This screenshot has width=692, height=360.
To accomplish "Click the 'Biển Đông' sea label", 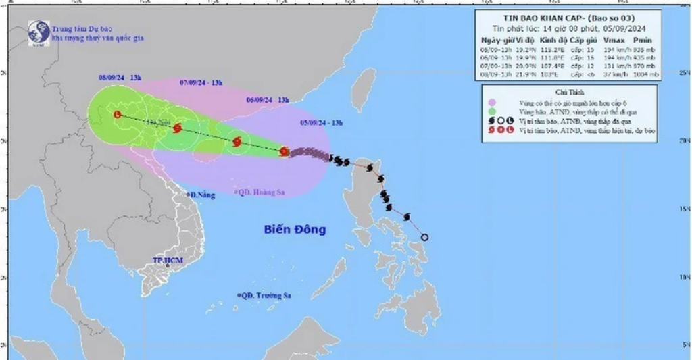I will click(x=295, y=230).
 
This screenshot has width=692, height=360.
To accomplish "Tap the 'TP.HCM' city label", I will click(x=168, y=260).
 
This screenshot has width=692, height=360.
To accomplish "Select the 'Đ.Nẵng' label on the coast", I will click(x=202, y=195).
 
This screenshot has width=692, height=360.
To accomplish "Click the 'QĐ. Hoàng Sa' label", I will click(x=261, y=192).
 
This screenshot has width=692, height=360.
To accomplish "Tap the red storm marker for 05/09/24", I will click(x=284, y=152).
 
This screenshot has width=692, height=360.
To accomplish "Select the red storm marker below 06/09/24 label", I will click(x=237, y=142).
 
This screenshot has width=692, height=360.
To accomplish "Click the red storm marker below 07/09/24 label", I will click(x=177, y=128).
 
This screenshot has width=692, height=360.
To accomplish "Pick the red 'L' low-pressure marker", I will click(x=117, y=115).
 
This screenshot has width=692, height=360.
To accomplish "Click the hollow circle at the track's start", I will click(x=425, y=237).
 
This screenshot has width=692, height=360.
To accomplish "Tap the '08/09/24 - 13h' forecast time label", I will click(x=120, y=78).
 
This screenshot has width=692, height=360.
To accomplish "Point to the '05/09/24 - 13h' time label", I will click(x=321, y=122).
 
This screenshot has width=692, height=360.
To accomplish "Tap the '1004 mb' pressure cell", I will click(x=642, y=75).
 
